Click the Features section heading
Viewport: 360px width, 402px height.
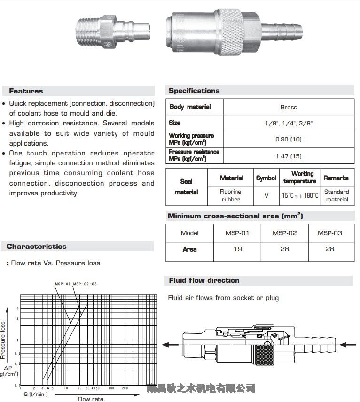26,91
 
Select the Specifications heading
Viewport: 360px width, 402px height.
194,91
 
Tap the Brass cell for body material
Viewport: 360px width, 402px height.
289,107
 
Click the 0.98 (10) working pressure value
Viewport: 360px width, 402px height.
289,139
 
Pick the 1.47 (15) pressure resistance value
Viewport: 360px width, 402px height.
289,156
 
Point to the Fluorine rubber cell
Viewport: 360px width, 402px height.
231,195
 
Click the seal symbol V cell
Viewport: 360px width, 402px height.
266,195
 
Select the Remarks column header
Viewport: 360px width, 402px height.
336,178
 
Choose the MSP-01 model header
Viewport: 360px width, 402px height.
238,233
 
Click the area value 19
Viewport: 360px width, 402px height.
238,249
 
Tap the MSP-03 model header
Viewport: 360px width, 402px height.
330,233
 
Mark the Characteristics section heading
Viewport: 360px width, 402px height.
36,247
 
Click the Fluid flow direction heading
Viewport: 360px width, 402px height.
204,280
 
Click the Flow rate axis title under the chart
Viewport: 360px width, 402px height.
90,399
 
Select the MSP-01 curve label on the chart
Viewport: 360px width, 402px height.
62,284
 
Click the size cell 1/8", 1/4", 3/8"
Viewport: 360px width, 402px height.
289,123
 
